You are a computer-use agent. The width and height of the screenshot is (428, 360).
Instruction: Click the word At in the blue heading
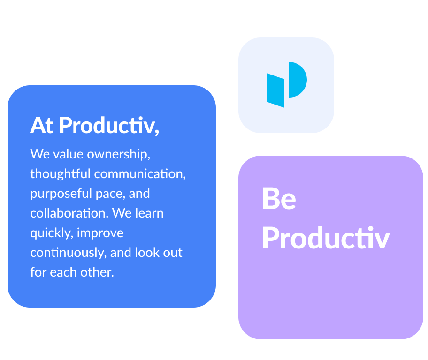click(x=41, y=126)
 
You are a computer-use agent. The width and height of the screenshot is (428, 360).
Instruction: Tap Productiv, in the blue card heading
click(x=109, y=126)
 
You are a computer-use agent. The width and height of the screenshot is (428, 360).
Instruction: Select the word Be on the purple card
click(x=279, y=199)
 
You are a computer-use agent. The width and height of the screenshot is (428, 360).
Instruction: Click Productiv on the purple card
click(x=326, y=238)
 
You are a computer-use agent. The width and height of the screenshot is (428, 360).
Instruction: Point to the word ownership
click(x=118, y=154)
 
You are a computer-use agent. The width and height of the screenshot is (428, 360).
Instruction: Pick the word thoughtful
click(x=60, y=174)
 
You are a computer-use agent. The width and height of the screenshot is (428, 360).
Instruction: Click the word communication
click(x=140, y=174)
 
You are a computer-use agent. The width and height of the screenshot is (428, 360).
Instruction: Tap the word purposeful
click(x=61, y=194)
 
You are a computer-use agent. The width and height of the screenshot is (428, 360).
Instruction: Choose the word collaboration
click(x=69, y=213)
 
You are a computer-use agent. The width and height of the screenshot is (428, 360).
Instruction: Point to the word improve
click(x=100, y=233)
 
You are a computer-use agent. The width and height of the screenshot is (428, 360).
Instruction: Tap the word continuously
click(x=68, y=253)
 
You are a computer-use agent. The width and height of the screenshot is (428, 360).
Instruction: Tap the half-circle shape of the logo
click(x=298, y=80)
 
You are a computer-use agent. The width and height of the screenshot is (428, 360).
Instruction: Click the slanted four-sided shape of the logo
click(x=275, y=90)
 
